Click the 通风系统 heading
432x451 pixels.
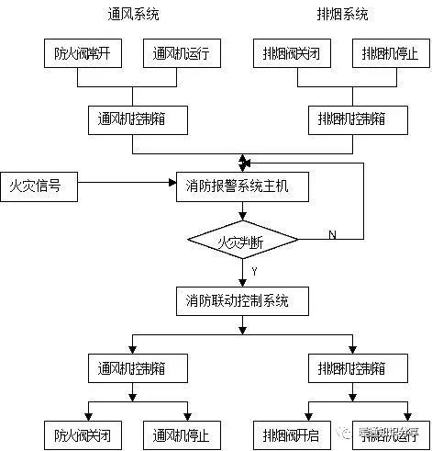133,15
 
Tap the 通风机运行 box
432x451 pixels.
181,55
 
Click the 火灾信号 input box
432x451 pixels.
38,186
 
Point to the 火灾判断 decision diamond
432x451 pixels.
242,242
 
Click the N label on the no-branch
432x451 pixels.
332,235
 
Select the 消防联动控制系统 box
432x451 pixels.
242,300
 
